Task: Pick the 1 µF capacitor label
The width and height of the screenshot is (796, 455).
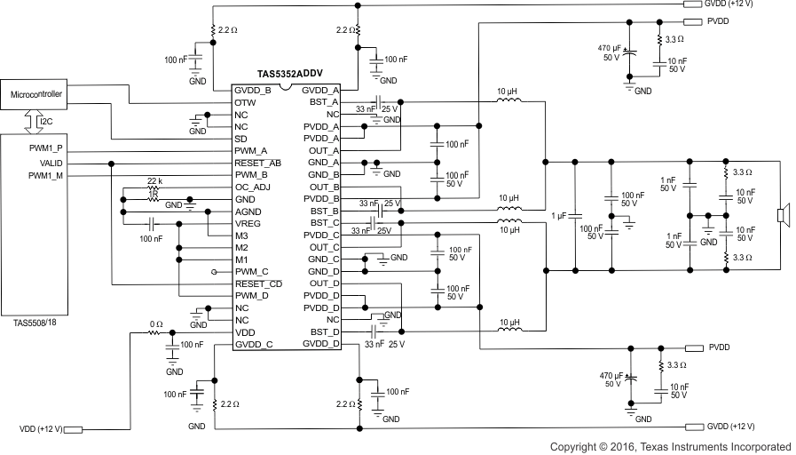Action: pyautogui.click(x=559, y=214)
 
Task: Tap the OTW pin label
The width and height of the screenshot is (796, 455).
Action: pyautogui.click(x=245, y=103)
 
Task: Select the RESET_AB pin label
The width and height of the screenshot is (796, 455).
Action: pyautogui.click(x=257, y=164)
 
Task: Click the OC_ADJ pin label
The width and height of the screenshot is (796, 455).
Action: pyautogui.click(x=253, y=188)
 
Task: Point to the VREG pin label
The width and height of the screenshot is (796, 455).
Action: pyautogui.click(x=248, y=224)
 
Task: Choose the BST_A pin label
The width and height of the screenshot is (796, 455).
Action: pyautogui.click(x=323, y=103)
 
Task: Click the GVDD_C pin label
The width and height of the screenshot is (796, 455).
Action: pyautogui.click(x=255, y=343)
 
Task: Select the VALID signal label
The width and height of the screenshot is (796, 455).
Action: pyautogui.click(x=51, y=164)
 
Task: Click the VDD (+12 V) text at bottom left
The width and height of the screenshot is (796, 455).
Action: pyautogui.click(x=39, y=429)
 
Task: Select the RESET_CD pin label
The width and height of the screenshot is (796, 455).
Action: pyautogui.click(x=257, y=283)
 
